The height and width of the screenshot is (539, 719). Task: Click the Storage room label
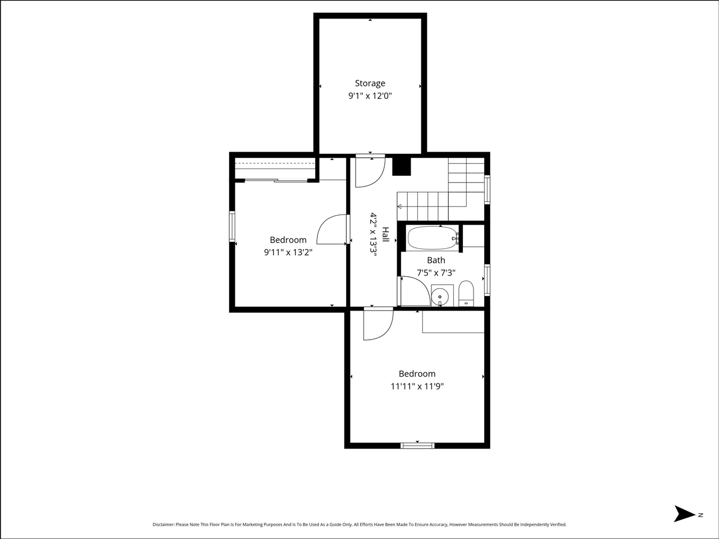[370, 83]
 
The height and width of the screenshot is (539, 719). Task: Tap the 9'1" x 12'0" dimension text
[370, 96]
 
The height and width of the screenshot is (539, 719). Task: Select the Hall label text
[386, 234]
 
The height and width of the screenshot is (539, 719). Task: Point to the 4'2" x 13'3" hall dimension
[372, 234]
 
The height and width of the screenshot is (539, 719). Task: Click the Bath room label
[436, 260]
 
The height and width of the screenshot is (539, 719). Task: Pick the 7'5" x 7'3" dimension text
[436, 273]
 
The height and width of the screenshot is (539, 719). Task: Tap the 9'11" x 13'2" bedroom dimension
[288, 252]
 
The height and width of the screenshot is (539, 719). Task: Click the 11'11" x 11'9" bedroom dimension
[417, 386]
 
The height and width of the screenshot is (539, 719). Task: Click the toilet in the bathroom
[466, 294]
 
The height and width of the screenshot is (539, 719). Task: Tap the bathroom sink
[440, 296]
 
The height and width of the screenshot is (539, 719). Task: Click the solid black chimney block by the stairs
[402, 167]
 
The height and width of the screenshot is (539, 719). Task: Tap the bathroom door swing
[415, 291]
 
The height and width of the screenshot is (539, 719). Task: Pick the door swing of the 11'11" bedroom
[377, 325]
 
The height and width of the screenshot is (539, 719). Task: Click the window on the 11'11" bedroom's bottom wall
[417, 446]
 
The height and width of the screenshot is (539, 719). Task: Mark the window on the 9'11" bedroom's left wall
[232, 226]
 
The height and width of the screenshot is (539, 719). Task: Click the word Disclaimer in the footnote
[163, 524]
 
